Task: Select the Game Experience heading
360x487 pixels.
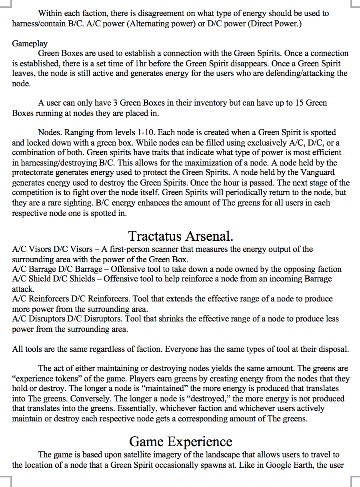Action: pyautogui.click(x=181, y=441)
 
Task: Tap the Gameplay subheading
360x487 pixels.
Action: pyautogui.click(x=30, y=44)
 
